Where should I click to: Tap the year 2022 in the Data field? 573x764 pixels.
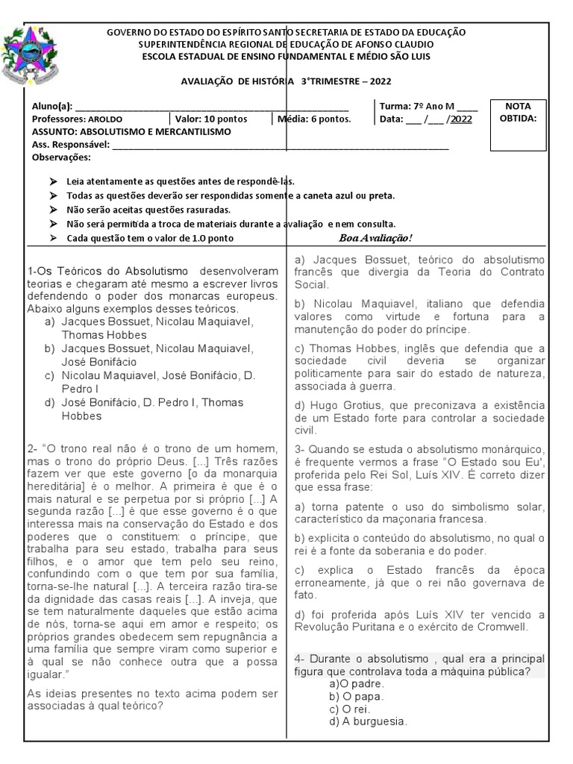point(461,119)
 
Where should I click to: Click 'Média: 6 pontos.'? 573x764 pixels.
point(314,119)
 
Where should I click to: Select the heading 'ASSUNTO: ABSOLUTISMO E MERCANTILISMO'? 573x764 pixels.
point(132,131)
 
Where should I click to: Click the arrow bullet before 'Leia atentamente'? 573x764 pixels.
point(51,181)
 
